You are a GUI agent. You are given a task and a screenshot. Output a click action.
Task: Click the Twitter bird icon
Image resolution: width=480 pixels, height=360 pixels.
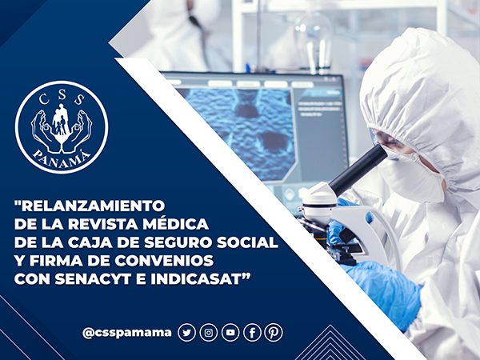[186, 333]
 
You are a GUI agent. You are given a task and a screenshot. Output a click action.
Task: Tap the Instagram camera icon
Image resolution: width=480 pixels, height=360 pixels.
[209, 333]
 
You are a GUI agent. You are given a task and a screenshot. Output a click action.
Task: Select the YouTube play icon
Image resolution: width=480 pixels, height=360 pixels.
[230, 333]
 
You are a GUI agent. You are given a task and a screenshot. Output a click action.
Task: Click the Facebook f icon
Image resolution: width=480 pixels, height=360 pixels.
[252, 333]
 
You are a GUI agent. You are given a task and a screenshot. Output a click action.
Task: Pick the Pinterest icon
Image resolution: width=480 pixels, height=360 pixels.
[274, 333]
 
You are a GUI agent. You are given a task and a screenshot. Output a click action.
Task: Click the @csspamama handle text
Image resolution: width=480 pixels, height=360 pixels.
[127, 333]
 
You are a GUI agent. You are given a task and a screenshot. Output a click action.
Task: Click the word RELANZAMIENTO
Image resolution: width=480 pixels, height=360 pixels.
[93, 206]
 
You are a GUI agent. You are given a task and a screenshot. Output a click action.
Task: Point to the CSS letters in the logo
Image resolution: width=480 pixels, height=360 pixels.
[62, 98]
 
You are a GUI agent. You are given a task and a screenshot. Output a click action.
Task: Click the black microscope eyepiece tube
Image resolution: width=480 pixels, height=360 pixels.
[358, 169]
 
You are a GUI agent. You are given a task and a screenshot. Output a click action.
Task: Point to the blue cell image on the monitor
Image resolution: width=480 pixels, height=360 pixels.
[240, 133]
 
